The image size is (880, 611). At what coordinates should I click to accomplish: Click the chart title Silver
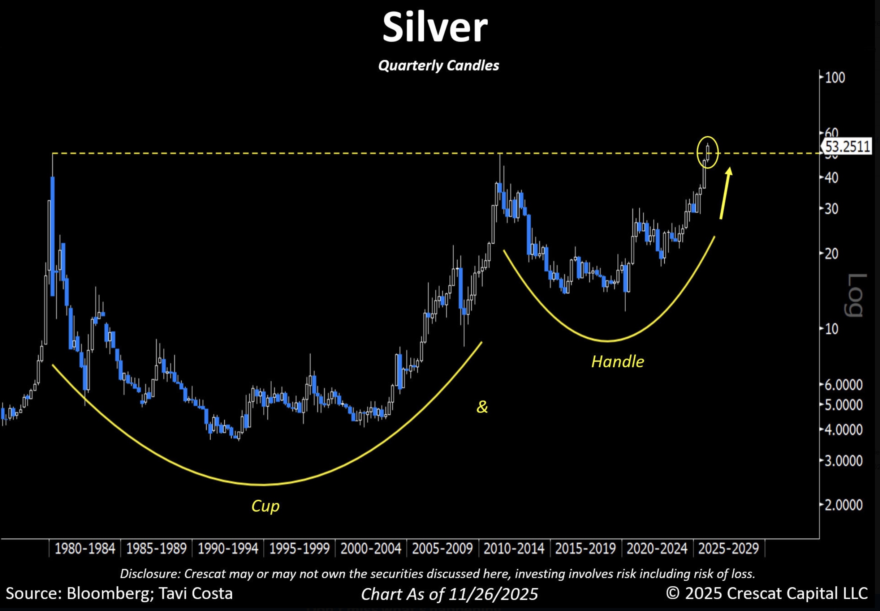(435, 27)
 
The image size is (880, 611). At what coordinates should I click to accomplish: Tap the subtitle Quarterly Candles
(438, 65)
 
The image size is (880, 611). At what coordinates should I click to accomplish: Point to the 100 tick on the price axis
(835, 78)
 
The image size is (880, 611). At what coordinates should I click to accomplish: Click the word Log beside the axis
(857, 295)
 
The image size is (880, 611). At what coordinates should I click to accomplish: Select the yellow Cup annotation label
(266, 506)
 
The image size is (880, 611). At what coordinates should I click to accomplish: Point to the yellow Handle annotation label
(617, 362)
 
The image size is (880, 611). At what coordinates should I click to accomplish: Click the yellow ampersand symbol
(482, 407)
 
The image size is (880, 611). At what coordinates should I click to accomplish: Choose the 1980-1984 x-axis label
(85, 548)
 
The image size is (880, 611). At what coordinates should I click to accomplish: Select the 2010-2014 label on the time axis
(514, 548)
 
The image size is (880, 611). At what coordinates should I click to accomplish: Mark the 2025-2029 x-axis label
(729, 548)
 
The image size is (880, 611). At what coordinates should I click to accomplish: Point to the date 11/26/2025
(493, 594)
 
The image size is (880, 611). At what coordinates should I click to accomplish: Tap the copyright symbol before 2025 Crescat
(673, 593)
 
